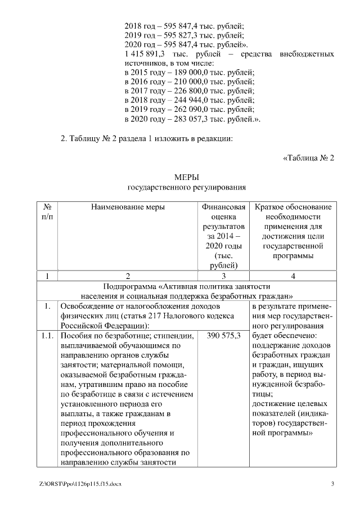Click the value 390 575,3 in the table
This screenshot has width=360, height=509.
pyautogui.click(x=224, y=336)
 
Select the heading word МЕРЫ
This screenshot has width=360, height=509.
pyautogui.click(x=187, y=177)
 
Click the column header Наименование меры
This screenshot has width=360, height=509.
pyautogui.click(x=128, y=208)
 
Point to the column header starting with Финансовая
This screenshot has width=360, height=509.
pyautogui.click(x=224, y=208)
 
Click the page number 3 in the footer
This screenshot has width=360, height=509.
pyautogui.click(x=332, y=484)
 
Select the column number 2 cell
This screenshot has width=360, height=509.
pyautogui.click(x=128, y=276)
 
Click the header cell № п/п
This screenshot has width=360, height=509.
pyautogui.click(x=47, y=212)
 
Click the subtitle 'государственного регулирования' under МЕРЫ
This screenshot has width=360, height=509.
pyautogui.click(x=187, y=187)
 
